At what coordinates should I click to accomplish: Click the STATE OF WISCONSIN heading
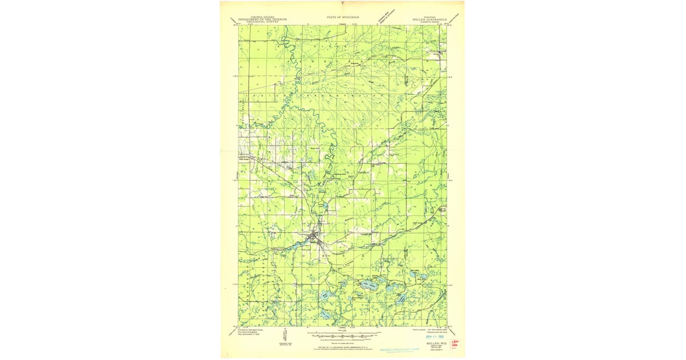pos(342,18)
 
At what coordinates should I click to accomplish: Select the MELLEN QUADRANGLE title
pos(428,19)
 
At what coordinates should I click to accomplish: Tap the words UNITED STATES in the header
pos(255,17)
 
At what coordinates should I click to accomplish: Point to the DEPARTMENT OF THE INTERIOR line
pos(255,19)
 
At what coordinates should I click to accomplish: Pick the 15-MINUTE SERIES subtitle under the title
pos(428,22)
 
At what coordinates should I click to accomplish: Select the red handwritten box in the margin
pos(455,343)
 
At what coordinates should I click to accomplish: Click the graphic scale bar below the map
pos(342,335)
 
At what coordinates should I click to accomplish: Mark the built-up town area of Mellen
pos(314,238)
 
